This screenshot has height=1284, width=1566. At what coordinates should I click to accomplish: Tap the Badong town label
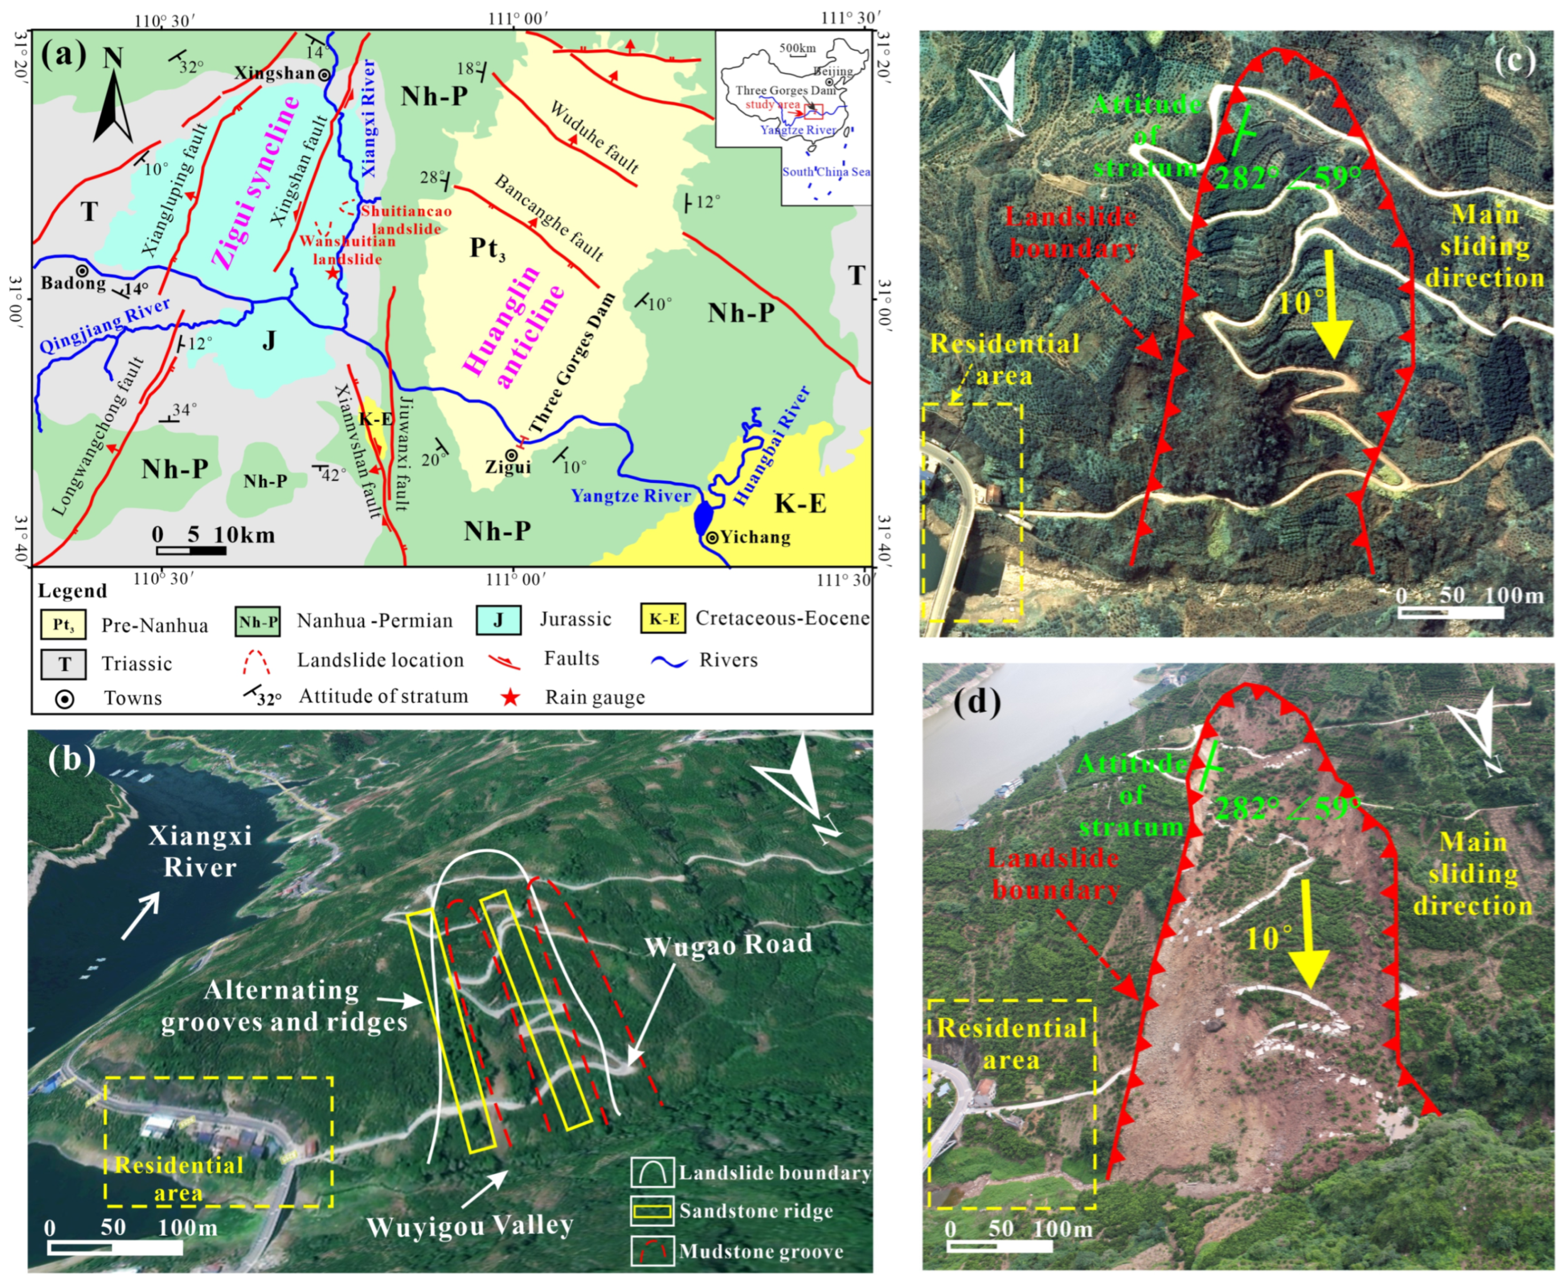coord(73,283)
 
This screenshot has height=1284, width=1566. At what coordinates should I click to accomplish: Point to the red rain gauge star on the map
coord(332,274)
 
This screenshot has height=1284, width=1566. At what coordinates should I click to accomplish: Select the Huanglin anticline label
coord(513,326)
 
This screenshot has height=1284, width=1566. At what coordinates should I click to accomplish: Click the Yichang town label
coord(755,537)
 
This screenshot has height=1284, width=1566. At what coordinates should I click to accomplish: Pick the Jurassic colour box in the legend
coord(498,620)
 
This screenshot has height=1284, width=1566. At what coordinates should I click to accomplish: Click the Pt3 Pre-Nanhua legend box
coord(64,625)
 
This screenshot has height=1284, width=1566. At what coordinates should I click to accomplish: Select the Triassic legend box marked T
coord(64,664)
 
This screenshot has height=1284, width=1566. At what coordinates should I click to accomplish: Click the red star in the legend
coord(510,697)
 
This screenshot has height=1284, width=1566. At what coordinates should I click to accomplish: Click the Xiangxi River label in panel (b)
coord(199,851)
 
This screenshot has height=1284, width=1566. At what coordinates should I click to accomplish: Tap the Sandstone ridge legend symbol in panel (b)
coord(652,1211)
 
